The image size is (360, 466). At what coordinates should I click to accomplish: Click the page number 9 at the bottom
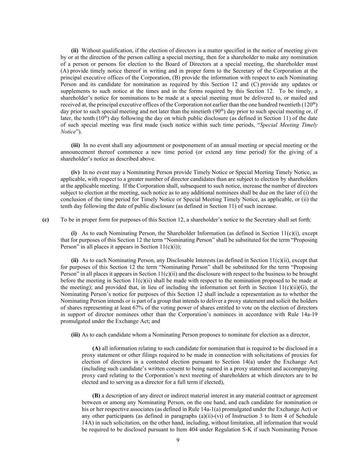[x=178, y=440]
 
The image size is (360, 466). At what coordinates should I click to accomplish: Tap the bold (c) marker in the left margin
[x=45, y=220]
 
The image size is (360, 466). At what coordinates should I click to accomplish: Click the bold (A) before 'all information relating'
[x=96, y=348]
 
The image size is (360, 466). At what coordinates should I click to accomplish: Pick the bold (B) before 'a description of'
[x=96, y=396]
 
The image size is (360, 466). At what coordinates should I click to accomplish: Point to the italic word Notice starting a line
[x=68, y=132]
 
